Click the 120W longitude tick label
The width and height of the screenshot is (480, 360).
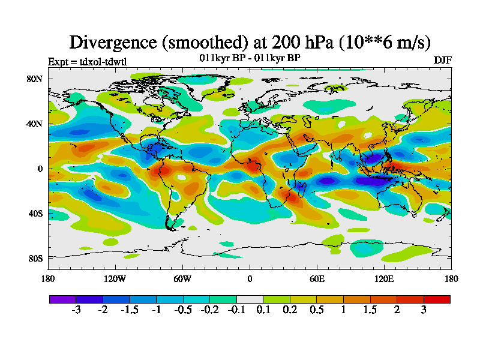[115, 278]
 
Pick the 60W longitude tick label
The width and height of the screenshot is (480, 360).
[182, 278]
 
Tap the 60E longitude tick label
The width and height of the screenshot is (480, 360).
[317, 278]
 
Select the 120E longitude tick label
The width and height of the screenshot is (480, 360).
[384, 278]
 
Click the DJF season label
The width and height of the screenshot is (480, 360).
[443, 61]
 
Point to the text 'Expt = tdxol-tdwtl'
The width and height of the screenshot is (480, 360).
[88, 61]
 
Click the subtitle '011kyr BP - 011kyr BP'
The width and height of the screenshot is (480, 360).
[250, 58]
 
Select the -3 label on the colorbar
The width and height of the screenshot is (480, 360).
[76, 310]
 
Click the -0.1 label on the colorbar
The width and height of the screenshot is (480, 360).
[237, 310]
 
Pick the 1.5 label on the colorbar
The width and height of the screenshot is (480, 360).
[370, 310]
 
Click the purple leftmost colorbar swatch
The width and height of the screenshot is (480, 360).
[62, 299]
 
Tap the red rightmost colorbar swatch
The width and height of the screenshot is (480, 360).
[437, 299]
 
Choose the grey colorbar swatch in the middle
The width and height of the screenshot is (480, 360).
[250, 299]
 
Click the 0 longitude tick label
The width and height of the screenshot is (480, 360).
[250, 278]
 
